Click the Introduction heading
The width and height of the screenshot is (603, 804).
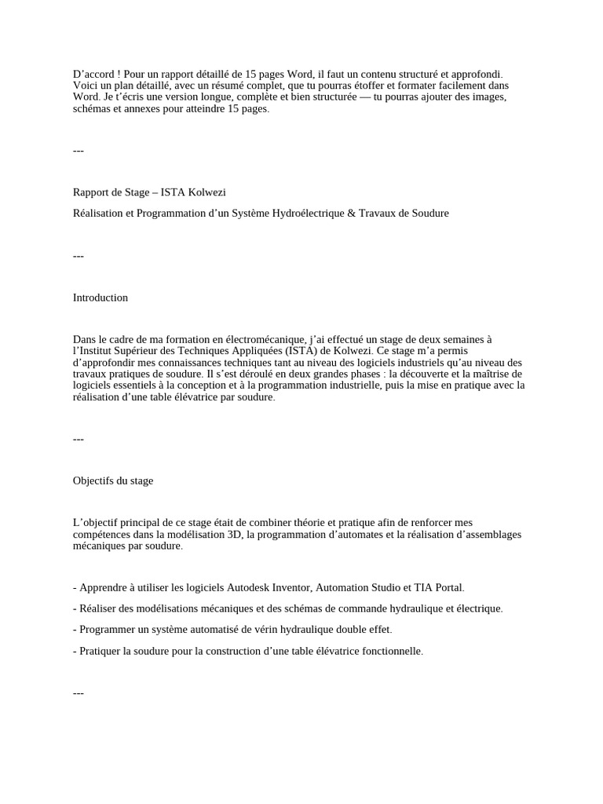pyautogui.click(x=100, y=298)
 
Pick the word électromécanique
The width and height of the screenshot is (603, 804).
pyautogui.click(x=258, y=339)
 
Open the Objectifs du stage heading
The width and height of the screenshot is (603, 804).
pyautogui.click(x=113, y=481)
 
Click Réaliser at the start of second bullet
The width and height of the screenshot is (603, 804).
pyautogui.click(x=100, y=608)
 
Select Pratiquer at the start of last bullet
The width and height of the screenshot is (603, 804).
pyautogui.click(x=100, y=651)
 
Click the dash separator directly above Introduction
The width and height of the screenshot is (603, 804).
pyautogui.click(x=79, y=255)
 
